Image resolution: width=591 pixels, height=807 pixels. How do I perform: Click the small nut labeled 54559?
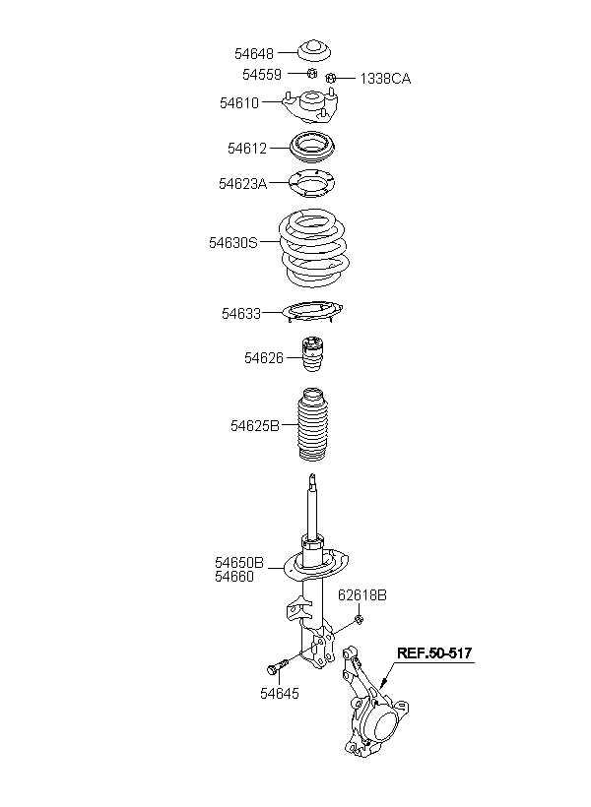click(x=312, y=73)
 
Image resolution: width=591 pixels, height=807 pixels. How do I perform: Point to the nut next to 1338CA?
click(x=332, y=77)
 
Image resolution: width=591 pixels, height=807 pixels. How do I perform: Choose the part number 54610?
click(x=239, y=101)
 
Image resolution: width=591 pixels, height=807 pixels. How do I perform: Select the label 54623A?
click(x=242, y=183)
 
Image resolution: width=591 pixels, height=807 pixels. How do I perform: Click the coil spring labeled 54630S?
click(x=313, y=246)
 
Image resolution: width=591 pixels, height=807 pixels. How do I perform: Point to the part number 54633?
click(x=240, y=314)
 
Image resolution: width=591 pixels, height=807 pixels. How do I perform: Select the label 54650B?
click(x=239, y=563)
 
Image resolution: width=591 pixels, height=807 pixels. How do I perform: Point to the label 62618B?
click(x=362, y=595)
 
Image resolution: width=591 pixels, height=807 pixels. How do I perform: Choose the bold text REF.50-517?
click(x=434, y=652)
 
